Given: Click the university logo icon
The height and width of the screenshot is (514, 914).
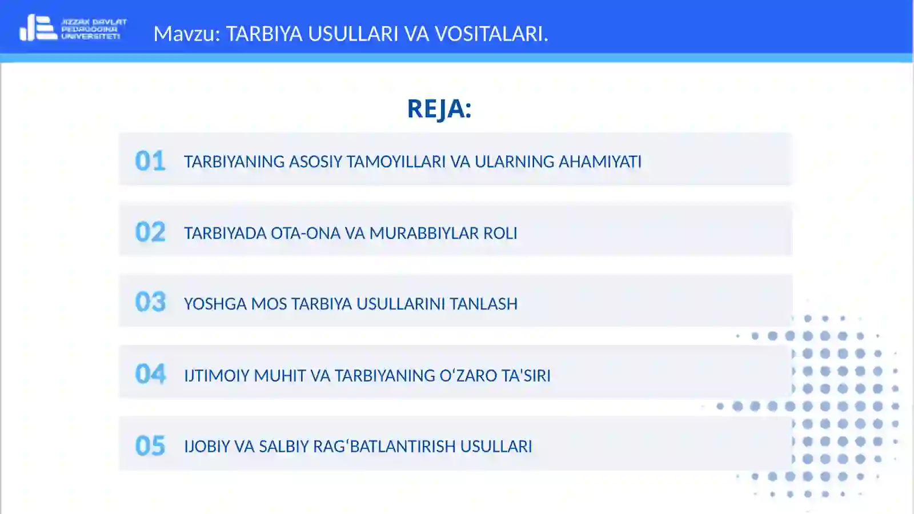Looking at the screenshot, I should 38,28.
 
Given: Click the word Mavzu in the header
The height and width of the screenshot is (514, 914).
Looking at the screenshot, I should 186,34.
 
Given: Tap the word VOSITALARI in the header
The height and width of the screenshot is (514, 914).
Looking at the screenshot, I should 491,34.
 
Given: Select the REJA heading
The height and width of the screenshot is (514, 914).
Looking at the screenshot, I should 439,109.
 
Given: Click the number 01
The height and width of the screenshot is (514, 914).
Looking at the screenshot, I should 150,161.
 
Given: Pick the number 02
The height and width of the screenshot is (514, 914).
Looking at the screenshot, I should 150,232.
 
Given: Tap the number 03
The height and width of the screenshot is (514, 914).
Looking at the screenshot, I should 150,303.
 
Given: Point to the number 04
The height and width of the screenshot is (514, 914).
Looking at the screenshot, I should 150,375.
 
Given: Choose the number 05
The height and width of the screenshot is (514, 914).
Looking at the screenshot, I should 150,446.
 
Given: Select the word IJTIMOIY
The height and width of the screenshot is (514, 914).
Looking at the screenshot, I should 217,376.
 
